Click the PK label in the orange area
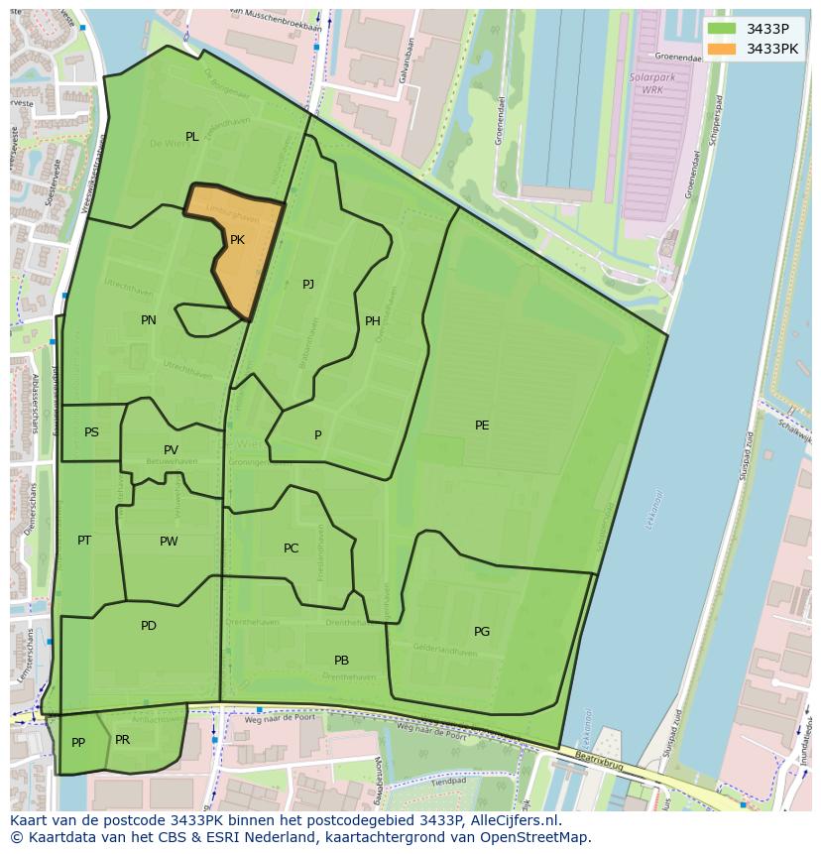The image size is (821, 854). point(237,240)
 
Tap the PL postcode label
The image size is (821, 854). point(192,137)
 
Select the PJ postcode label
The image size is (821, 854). point(308,285)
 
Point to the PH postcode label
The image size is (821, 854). point(373,321)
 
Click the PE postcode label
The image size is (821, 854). point(482,426)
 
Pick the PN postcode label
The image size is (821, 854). point(149,320)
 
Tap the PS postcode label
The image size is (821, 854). point(91,432)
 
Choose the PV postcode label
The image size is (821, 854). point(172,451)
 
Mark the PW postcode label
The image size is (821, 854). point(169,542)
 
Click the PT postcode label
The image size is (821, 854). point(84,541)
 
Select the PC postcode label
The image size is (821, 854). point(291,549)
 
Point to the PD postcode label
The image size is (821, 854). point(149,626)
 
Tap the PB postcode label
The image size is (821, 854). point(341,661)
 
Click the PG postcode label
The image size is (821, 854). point(482,632)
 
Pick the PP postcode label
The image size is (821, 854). point(78,743)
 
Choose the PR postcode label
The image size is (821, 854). point(123,740)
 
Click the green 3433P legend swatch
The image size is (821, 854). point(722,29)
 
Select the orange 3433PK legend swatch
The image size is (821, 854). point(722,49)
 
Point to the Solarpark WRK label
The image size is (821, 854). point(645,83)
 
